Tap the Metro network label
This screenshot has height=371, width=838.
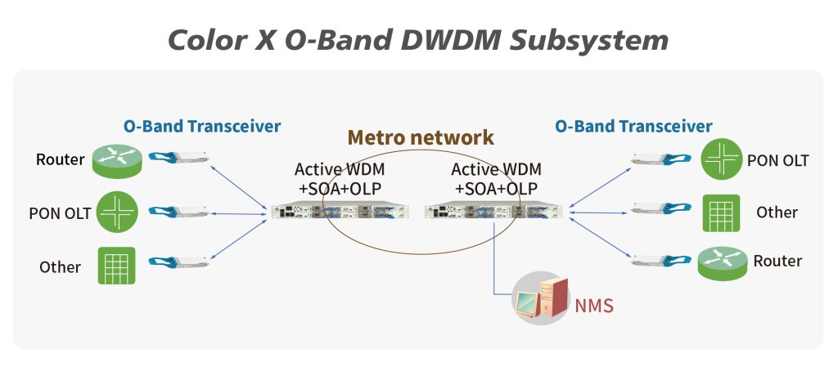point(421,136)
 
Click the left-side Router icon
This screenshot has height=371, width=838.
point(115,161)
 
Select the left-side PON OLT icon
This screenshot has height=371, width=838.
point(116,212)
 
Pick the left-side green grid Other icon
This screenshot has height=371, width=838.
point(116,266)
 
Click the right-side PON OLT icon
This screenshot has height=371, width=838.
point(720,161)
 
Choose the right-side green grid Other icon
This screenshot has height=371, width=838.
point(721,212)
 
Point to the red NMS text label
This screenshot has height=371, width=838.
point(593,307)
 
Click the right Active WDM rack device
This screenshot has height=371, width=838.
point(493,212)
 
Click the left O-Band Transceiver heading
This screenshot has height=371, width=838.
point(202,127)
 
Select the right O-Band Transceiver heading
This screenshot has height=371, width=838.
point(633,127)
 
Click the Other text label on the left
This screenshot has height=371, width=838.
point(60,267)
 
